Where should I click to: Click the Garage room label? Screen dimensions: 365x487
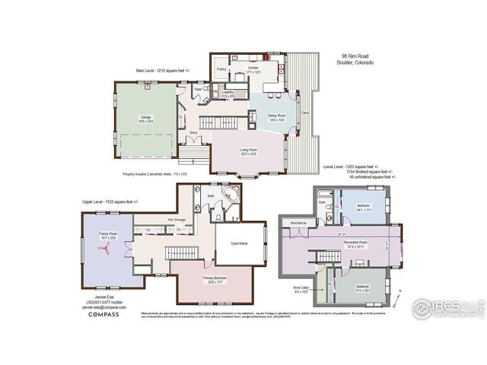click(145, 118)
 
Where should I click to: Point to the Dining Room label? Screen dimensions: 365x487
click(276, 116)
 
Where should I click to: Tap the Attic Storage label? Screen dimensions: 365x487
click(176, 220)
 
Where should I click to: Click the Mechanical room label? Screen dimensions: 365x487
click(298, 223)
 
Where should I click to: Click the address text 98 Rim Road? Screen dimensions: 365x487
click(356, 56)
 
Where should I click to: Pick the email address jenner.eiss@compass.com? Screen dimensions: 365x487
click(100, 308)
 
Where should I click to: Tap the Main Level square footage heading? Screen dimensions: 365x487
click(164, 70)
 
